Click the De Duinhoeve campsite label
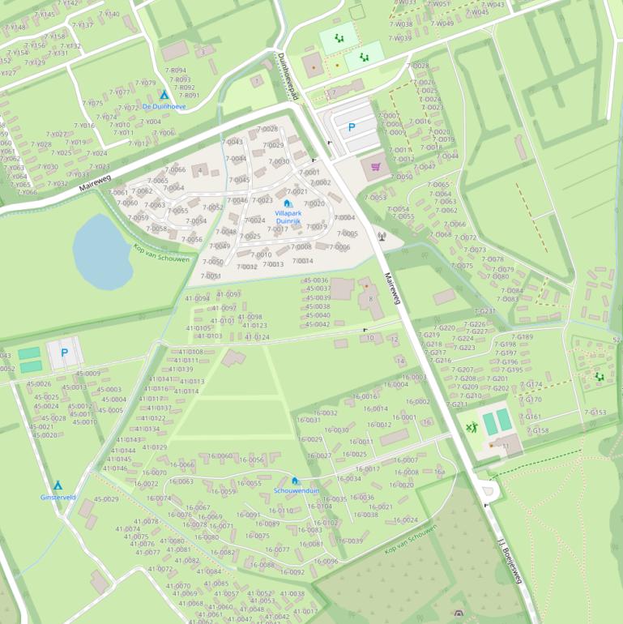click(164, 106)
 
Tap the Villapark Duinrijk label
click(288, 216)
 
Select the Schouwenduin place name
click(296, 490)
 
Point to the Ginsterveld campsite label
click(58, 497)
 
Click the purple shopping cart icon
click(375, 167)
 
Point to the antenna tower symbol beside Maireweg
click(382, 237)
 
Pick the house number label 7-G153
click(595, 412)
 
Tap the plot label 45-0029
click(106, 499)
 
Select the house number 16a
click(440, 471)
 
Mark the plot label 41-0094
click(197, 298)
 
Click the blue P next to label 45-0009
click(64, 353)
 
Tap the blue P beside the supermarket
click(352, 127)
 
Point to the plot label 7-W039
click(399, 38)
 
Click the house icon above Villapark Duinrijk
click(288, 203)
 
